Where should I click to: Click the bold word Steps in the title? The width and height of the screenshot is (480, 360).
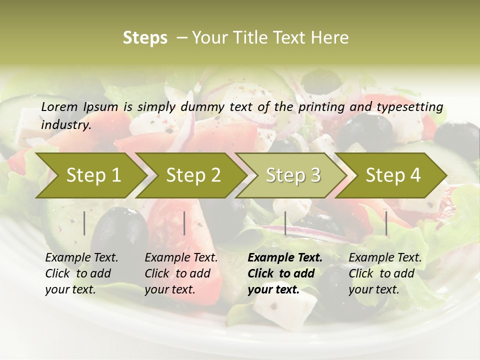tap(145, 38)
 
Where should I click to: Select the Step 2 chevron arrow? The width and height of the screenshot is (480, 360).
tap(192, 175)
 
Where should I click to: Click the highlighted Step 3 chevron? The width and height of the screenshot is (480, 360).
tap(292, 175)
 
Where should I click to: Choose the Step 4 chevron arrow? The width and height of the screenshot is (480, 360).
tap(392, 175)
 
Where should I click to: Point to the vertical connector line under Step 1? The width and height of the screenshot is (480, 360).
tap(84, 223)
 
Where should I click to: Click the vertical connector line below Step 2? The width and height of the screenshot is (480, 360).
tap(184, 223)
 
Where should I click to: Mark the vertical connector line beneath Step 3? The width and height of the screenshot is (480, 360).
tap(285, 223)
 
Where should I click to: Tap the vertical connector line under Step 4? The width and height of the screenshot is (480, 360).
tap(386, 223)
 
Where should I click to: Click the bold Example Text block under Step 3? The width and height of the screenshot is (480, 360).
tap(285, 273)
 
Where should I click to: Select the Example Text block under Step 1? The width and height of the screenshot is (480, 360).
tap(81, 273)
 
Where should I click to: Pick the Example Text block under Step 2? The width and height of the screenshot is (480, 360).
tap(181, 273)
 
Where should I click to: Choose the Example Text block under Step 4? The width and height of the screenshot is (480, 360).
tap(385, 273)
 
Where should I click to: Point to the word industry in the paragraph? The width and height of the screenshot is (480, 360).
tap(66, 125)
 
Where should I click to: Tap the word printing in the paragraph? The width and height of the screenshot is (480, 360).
tap(320, 107)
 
